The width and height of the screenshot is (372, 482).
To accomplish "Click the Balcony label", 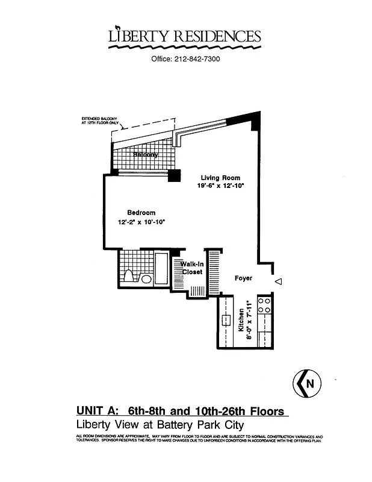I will point(146,155).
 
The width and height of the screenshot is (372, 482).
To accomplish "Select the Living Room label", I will point(221,178).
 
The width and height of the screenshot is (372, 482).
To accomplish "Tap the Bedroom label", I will point(141,213).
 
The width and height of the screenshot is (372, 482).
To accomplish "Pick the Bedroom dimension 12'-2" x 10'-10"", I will point(141,222).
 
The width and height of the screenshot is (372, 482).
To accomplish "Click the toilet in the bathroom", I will point(128,276).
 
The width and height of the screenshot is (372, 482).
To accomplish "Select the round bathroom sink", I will point(146,279).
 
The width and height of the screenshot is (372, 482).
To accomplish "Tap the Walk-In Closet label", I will point(191,268).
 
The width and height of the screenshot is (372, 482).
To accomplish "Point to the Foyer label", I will point(243,278).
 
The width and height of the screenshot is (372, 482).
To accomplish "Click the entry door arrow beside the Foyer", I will point(277,281).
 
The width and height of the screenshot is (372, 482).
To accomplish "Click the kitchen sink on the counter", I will point(226,320).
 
